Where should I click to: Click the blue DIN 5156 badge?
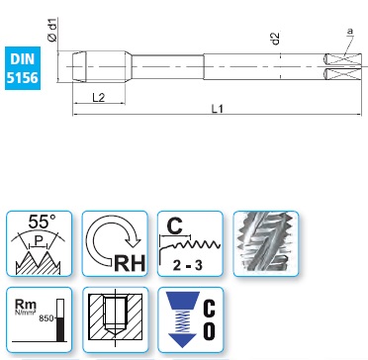pyautogui.click(x=23, y=68)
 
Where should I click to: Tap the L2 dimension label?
pyautogui.click(x=99, y=98)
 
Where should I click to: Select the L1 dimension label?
pyautogui.click(x=218, y=109)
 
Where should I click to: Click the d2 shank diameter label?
pyautogui.click(x=276, y=39)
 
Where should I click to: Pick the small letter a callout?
pyautogui.click(x=350, y=32)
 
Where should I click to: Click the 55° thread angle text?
pyautogui.click(x=43, y=222)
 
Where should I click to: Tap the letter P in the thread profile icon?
pyautogui.click(x=39, y=242)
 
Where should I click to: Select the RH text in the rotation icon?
pyautogui.click(x=130, y=263)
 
